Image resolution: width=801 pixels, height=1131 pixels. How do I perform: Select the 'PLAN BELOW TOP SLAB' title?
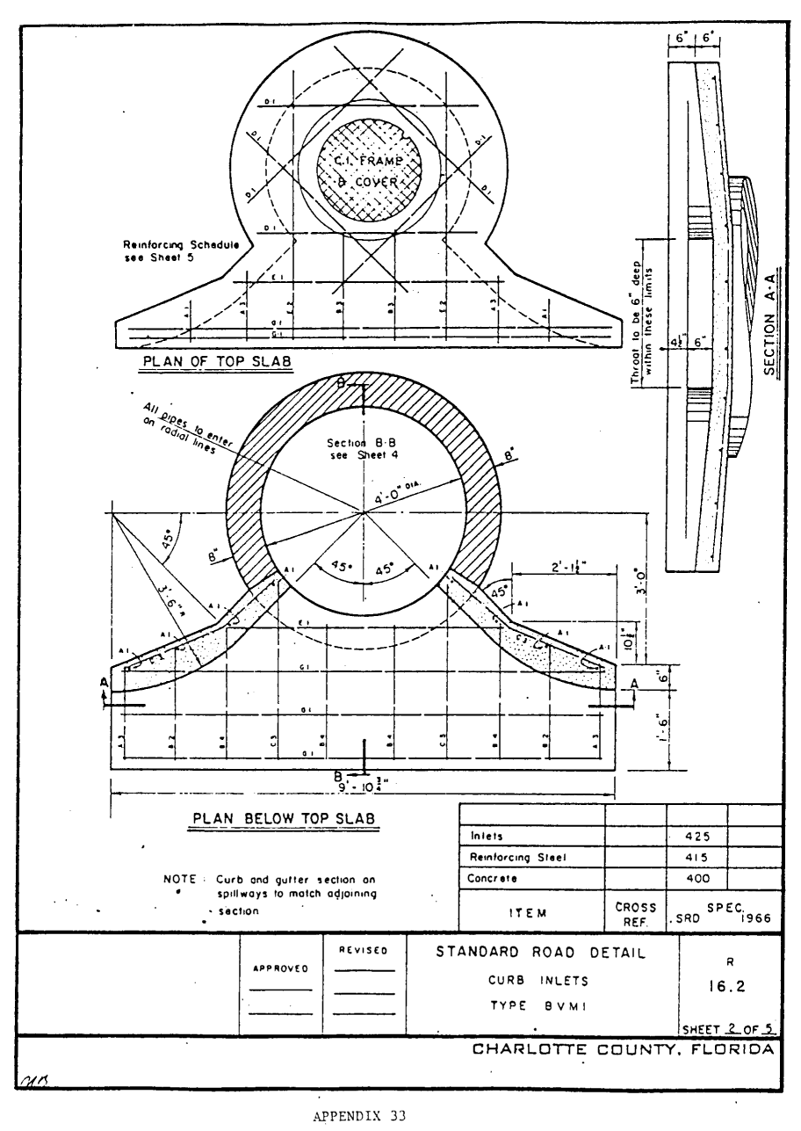(285, 819)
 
